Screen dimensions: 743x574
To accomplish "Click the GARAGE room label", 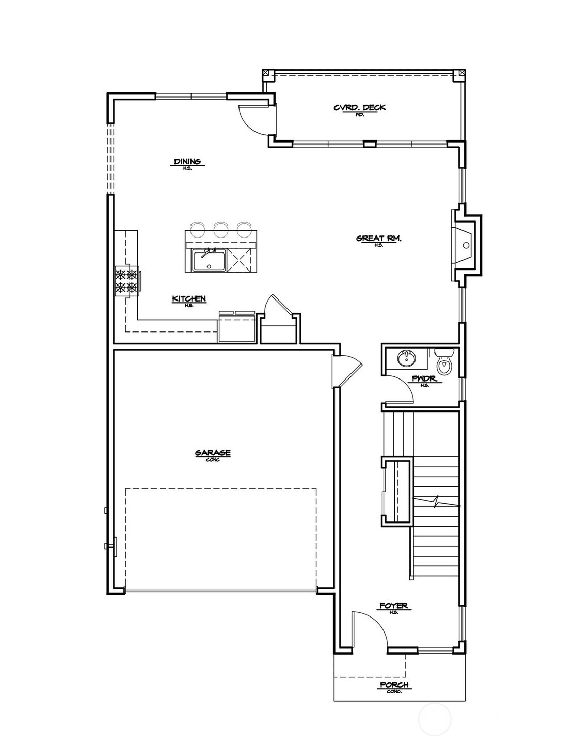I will [212, 453].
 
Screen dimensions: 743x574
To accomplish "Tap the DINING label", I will [187, 162].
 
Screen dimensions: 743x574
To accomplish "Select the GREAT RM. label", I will [378, 238].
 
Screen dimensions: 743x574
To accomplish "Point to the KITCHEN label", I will [189, 298].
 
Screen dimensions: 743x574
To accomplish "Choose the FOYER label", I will [393, 606].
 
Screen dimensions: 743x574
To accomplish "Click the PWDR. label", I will [424, 379].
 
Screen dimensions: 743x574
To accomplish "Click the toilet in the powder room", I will [443, 362].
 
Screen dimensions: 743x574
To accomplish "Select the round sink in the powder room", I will [406, 357].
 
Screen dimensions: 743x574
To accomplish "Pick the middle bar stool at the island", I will [221, 228].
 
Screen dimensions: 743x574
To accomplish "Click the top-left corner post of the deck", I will [266, 73].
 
